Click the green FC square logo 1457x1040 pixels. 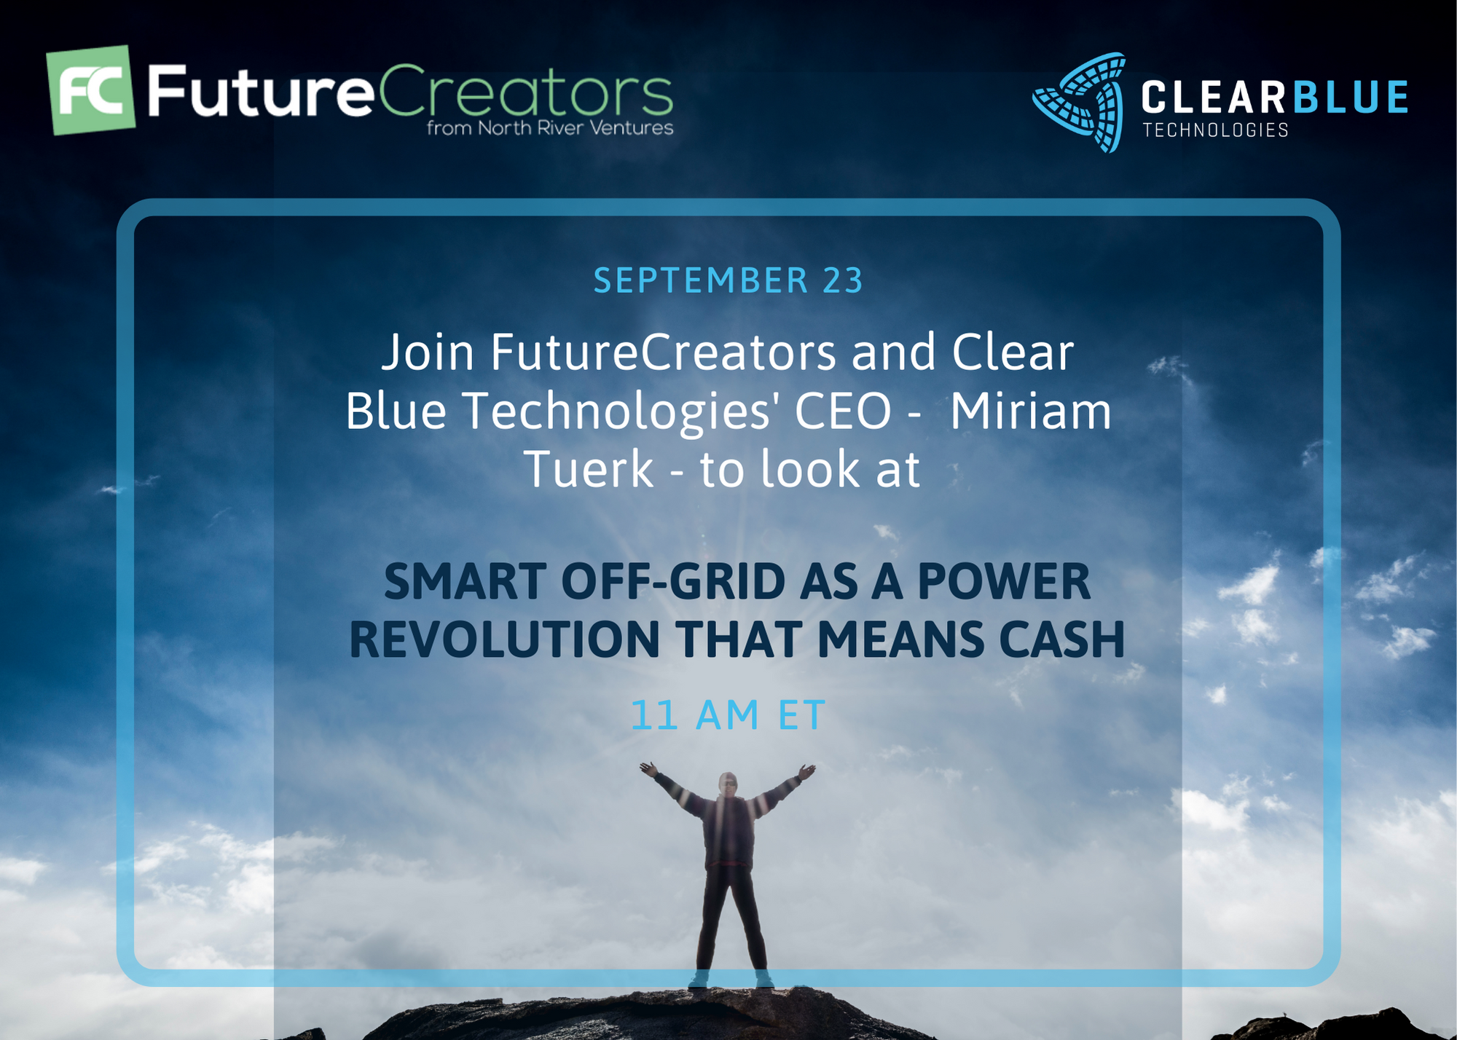click(91, 90)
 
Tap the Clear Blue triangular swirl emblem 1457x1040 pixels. click(1080, 102)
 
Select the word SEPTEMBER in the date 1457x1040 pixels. click(701, 280)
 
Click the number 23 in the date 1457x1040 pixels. click(843, 280)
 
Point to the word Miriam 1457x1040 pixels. click(1031, 411)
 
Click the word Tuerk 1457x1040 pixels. click(589, 469)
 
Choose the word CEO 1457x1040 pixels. click(843, 411)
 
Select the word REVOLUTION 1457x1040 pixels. click(505, 639)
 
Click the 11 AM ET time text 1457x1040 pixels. click(728, 714)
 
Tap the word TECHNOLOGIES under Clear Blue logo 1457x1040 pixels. click(1215, 130)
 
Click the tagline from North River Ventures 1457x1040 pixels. click(550, 128)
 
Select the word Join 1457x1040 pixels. click(428, 352)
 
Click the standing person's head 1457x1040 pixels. click(728, 784)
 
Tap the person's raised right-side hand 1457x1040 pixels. click(807, 771)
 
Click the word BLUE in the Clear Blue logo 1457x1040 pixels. click(1350, 98)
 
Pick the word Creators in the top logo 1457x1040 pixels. click(525, 91)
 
